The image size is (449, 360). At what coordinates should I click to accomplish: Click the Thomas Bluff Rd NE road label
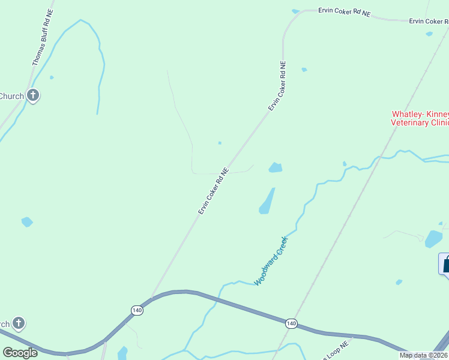42,38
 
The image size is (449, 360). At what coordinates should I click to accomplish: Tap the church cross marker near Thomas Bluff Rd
33,95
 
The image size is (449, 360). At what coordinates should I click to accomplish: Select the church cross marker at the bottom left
19,324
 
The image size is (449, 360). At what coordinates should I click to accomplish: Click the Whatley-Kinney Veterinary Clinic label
420,118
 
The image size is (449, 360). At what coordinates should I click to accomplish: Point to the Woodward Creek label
271,261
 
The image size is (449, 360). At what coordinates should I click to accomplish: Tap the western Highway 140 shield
137,310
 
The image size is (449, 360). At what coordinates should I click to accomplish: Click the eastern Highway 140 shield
291,323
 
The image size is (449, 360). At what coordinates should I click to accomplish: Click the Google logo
20,353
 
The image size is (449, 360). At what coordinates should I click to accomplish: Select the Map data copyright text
424,355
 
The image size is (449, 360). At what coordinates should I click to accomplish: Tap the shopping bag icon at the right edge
445,264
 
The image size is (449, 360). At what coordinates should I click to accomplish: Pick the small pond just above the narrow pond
275,167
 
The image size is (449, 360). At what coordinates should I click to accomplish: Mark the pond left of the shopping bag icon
433,239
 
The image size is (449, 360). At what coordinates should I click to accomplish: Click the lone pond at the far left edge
27,222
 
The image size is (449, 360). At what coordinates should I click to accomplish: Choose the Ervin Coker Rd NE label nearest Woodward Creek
214,191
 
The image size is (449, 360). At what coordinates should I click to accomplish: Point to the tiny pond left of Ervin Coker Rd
220,143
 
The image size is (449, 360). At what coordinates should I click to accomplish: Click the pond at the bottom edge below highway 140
122,353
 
